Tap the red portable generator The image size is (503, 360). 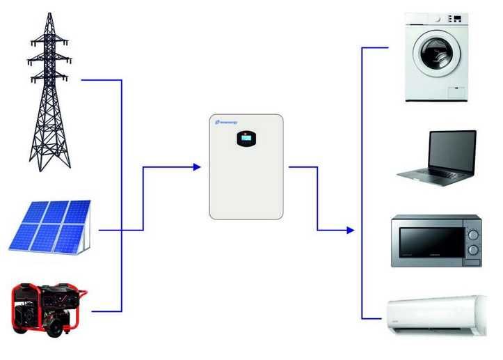tap(49, 307)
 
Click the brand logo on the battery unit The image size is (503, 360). tap(227, 122)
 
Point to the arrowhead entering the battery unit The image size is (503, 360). tap(197, 167)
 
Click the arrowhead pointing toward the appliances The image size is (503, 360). tap(351, 230)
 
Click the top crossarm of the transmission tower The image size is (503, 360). tap(49, 42)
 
